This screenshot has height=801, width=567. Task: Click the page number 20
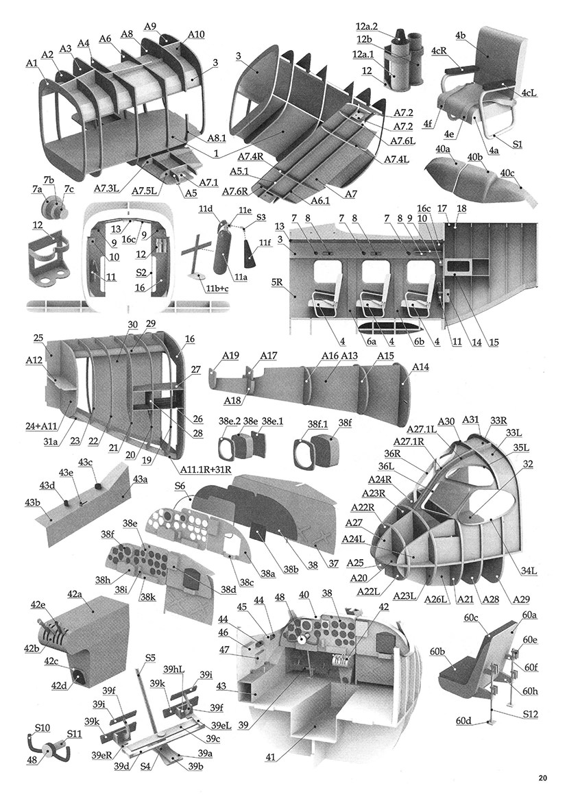coord(542,778)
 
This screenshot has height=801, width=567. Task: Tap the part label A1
coord(31,63)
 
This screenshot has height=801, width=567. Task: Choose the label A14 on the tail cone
coord(420,368)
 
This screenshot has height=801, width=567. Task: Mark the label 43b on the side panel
coord(33,504)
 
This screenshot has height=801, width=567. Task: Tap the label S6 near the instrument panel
coord(180,486)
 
